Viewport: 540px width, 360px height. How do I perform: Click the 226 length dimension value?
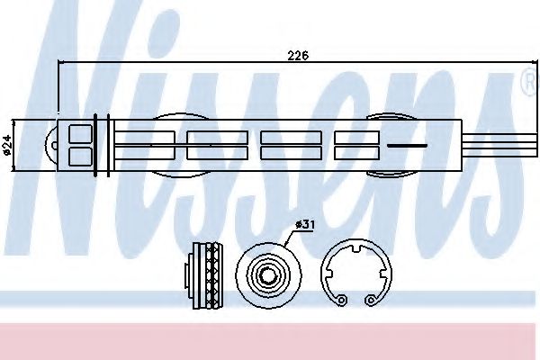tap(298, 56)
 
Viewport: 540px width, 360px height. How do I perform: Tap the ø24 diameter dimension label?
tap(7, 145)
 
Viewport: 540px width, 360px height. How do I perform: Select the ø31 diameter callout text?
tap(305, 225)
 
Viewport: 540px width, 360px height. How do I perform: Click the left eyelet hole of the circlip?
tap(341, 300)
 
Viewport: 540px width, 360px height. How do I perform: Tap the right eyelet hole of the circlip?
tap(371, 300)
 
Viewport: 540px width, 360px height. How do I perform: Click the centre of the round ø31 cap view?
tap(268, 274)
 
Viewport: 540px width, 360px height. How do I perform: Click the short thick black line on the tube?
tap(407, 146)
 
